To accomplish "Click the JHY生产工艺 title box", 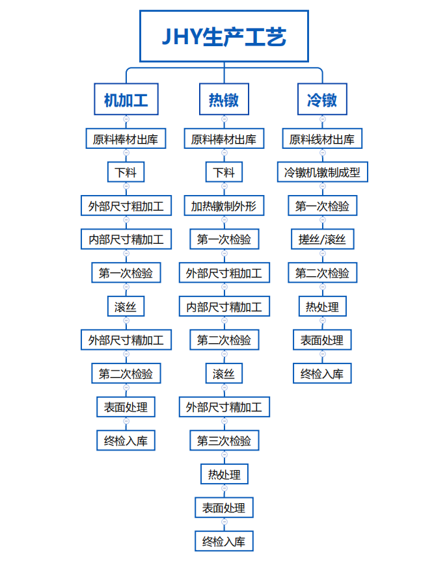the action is [224, 36].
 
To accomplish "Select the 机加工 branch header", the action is [126, 99].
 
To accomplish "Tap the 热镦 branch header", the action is [224, 99].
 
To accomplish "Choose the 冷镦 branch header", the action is [322, 99].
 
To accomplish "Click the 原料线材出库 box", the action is [322, 138].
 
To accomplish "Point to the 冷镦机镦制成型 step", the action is [323, 172].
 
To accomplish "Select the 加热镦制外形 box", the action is [224, 205].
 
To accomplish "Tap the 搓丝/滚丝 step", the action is [322, 239].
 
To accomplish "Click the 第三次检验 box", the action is [224, 440].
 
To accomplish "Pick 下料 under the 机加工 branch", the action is [126, 172].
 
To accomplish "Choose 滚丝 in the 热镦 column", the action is [224, 373].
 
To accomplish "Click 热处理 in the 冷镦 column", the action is [322, 306].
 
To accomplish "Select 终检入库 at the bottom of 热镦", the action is [224, 541].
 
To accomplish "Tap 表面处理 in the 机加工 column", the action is [126, 407].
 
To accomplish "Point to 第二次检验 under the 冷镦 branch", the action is [322, 273].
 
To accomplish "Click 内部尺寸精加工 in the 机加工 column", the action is [126, 239].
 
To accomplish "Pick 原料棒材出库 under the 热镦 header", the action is [224, 138].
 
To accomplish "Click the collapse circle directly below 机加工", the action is [126, 119].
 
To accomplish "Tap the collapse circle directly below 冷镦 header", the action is [322, 119].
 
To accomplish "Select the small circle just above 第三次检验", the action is [224, 421].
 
